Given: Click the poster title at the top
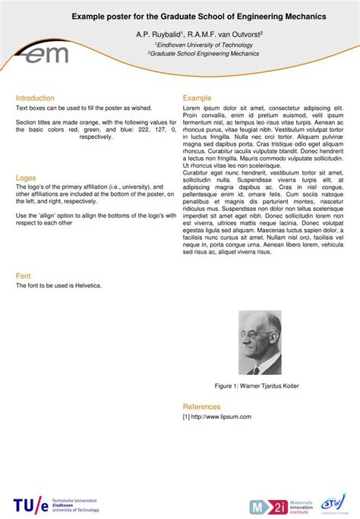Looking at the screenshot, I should tap(199, 15).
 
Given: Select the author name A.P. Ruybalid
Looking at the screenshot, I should tap(158, 34).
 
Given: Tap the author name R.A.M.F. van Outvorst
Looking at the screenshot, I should tap(223, 34).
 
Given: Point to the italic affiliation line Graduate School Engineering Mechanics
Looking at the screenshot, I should tap(204, 55).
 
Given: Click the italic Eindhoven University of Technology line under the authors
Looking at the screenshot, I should tap(204, 45).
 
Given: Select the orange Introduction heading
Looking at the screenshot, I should tap(35, 98).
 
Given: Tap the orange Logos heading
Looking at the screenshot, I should tap(26, 178).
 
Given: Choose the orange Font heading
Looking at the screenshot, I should tap(23, 276).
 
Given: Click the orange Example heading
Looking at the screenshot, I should tap(197, 98).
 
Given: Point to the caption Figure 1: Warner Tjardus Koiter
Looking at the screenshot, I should tap(256, 386).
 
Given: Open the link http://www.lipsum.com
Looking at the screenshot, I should tap(220, 417).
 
